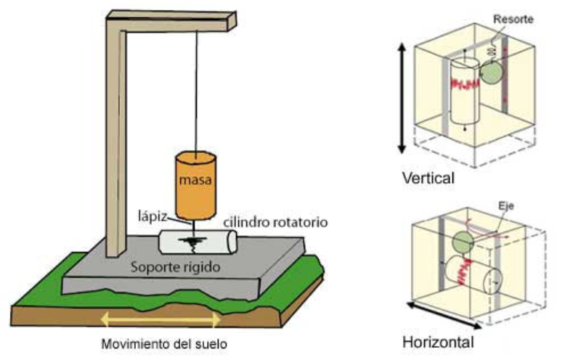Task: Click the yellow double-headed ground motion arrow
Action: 161,317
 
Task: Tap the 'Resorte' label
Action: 513,19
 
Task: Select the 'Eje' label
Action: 513,205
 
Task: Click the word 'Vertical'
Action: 428,178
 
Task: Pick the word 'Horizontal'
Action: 438,342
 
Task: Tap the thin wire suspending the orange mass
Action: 196,87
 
